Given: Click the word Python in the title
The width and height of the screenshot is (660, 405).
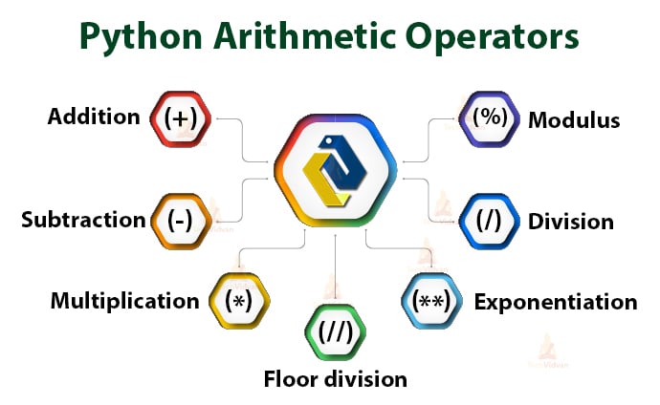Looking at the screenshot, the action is point(141,37).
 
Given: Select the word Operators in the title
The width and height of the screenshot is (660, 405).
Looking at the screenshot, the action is point(492,37).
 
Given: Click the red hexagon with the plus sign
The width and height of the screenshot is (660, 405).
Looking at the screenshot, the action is point(181,118).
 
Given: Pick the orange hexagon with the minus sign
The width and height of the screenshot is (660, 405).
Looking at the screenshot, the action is point(181,221).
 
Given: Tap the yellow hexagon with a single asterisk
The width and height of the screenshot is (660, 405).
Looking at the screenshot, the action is point(239,301).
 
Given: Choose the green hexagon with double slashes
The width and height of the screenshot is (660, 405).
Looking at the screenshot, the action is point(335,332).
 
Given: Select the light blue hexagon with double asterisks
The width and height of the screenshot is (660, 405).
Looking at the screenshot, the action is point(431,301).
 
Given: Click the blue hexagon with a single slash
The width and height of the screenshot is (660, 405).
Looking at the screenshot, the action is point(489,221).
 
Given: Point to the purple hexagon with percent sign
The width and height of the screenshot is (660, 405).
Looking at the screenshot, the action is point(489,118).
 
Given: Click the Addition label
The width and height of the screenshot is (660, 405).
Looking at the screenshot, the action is point(94,117).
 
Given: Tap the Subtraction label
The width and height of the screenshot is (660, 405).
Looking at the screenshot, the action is point(83,220).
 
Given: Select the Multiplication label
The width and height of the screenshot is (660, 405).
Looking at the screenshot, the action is point(124,301).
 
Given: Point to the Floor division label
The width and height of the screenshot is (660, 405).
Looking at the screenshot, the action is point(336,379).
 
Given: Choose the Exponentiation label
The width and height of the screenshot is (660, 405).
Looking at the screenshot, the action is point(556,302).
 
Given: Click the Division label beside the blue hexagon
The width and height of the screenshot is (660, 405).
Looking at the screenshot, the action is point(571,222).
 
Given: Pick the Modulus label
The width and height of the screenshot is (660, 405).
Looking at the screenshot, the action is point(574,120).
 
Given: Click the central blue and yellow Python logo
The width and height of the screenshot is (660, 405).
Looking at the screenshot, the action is point(335,171).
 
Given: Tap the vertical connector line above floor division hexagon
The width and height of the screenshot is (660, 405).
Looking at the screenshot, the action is point(335,266).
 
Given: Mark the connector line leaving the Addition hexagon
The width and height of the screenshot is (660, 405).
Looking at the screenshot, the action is point(243,140).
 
